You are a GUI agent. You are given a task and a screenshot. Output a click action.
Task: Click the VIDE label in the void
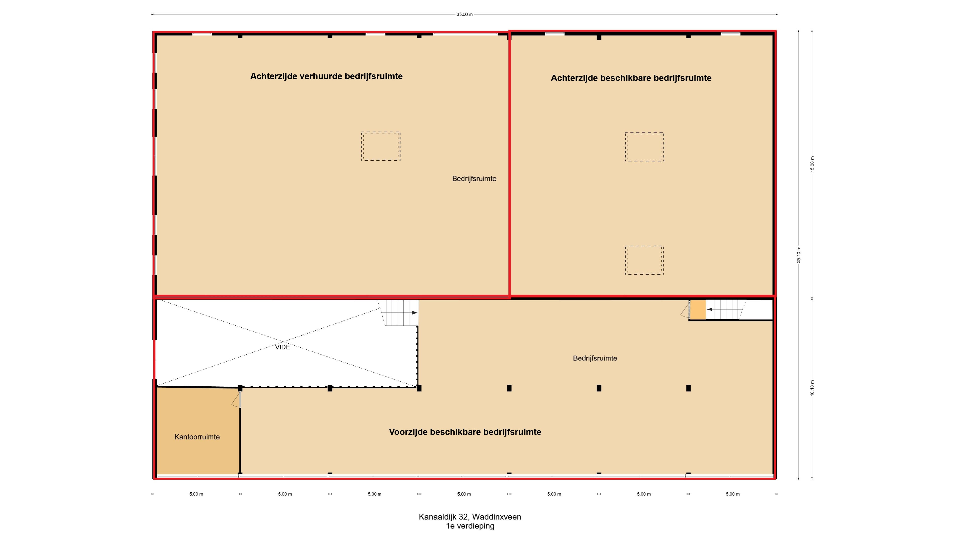282,347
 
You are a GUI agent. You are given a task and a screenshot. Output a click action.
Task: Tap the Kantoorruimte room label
197,437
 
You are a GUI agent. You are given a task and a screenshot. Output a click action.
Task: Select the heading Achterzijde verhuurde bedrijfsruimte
326,76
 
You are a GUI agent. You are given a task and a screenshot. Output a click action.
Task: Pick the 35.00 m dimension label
464,14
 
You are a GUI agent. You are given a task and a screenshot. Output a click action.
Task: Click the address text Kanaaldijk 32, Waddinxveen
470,517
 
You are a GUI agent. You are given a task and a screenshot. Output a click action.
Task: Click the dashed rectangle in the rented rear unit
381,146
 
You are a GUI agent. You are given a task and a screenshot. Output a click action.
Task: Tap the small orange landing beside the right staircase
698,310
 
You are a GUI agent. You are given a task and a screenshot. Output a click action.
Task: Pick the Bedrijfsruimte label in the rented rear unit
474,179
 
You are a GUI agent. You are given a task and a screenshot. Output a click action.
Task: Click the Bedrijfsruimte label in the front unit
595,358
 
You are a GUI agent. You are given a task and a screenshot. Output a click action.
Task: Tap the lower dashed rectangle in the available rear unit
644,260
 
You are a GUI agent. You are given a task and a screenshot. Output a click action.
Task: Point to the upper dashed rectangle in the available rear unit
644,147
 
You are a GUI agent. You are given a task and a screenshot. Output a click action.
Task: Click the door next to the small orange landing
686,310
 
